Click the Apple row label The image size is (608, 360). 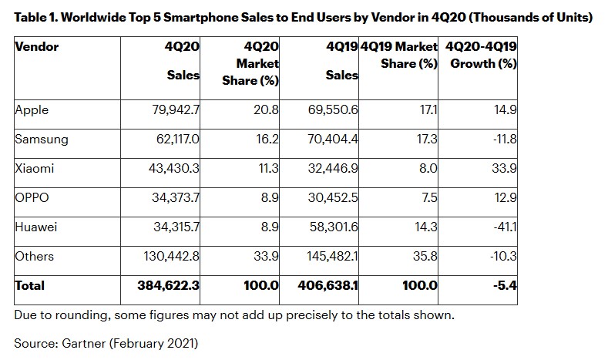[32, 109]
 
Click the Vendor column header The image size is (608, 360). [37, 47]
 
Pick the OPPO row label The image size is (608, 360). [32, 197]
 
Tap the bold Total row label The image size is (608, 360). [30, 285]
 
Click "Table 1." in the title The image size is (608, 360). [39, 16]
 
